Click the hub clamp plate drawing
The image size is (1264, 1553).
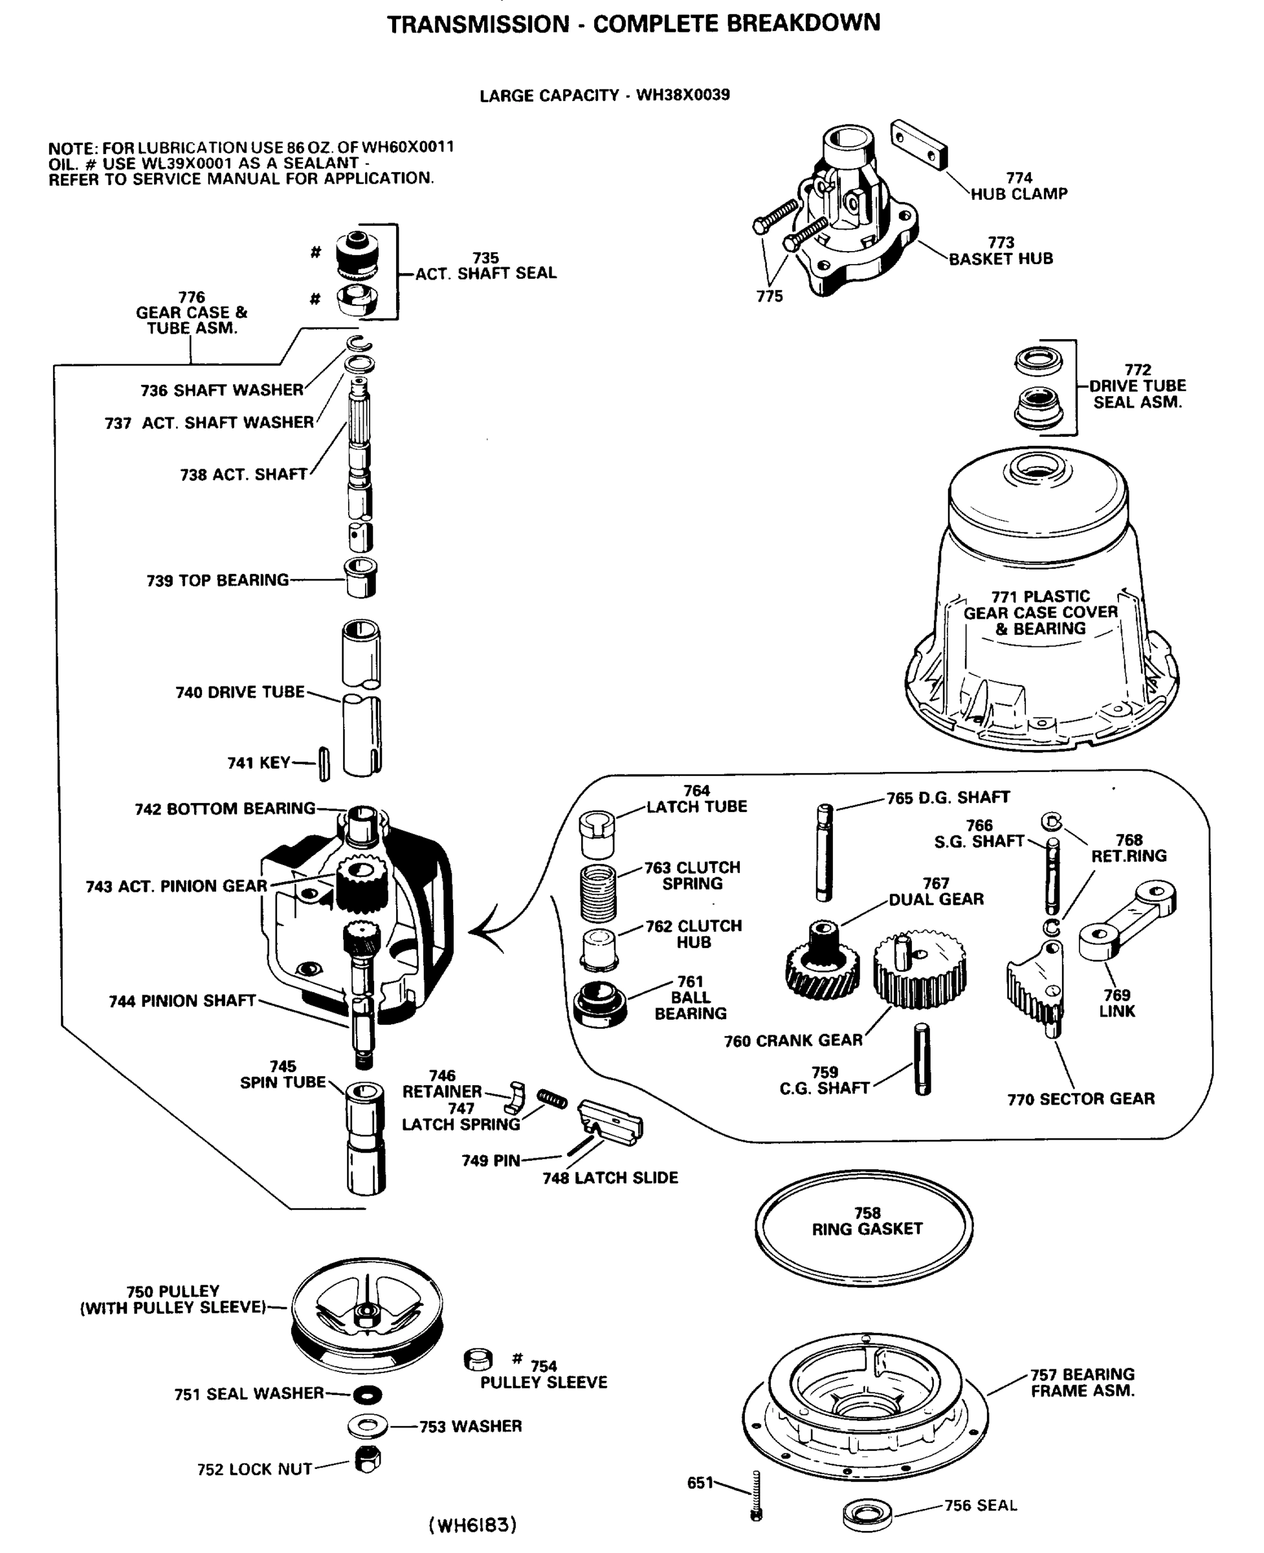click(919, 144)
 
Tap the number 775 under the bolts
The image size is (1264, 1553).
click(769, 296)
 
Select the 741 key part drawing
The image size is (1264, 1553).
click(325, 764)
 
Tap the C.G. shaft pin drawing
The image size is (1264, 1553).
click(922, 1059)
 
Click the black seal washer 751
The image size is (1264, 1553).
click(367, 1394)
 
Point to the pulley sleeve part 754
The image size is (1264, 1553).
click(478, 1360)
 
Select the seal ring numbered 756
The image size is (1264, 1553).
click(867, 1514)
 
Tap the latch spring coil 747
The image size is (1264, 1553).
click(552, 1099)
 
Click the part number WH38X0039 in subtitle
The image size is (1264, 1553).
click(683, 95)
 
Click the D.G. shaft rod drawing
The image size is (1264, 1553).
click(825, 853)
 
